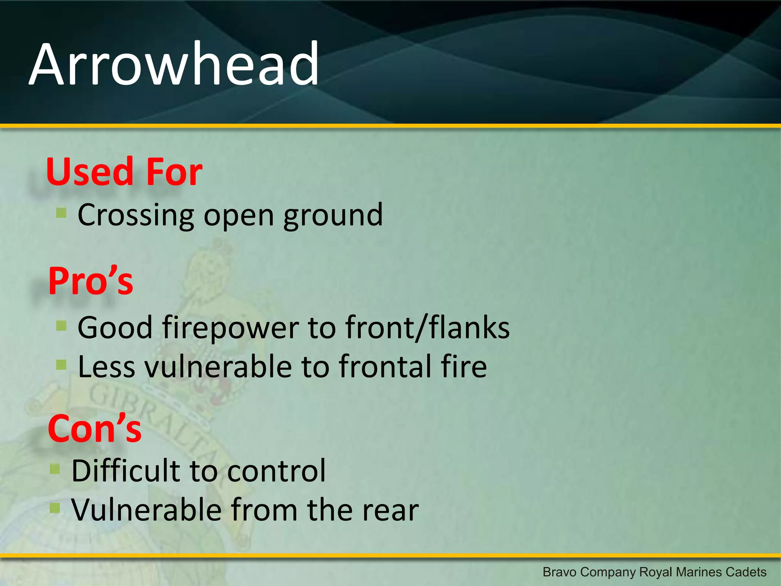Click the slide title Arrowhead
click(x=174, y=64)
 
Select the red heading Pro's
click(x=90, y=281)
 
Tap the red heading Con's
click(x=95, y=429)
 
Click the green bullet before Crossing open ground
click(x=61, y=212)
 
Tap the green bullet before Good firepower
click(x=61, y=326)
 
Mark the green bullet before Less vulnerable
click(x=61, y=365)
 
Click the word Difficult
click(x=126, y=471)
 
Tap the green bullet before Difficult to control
click(x=55, y=468)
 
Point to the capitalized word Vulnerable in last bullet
click(x=146, y=510)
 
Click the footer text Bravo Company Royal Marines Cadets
click(x=654, y=572)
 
